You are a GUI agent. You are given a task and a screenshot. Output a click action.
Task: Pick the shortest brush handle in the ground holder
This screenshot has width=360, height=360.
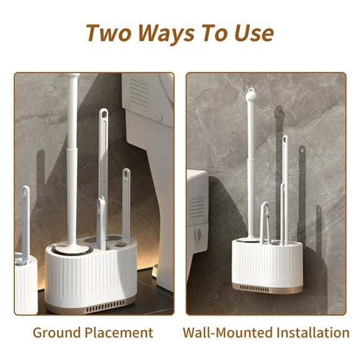(101, 222)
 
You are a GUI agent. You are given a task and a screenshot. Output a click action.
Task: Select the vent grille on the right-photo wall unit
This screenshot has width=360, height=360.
(196, 208)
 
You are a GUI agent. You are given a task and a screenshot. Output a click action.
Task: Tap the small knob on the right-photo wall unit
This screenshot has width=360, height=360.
(197, 235)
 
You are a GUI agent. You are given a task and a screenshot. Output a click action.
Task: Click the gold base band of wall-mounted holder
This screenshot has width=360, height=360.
(267, 289)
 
